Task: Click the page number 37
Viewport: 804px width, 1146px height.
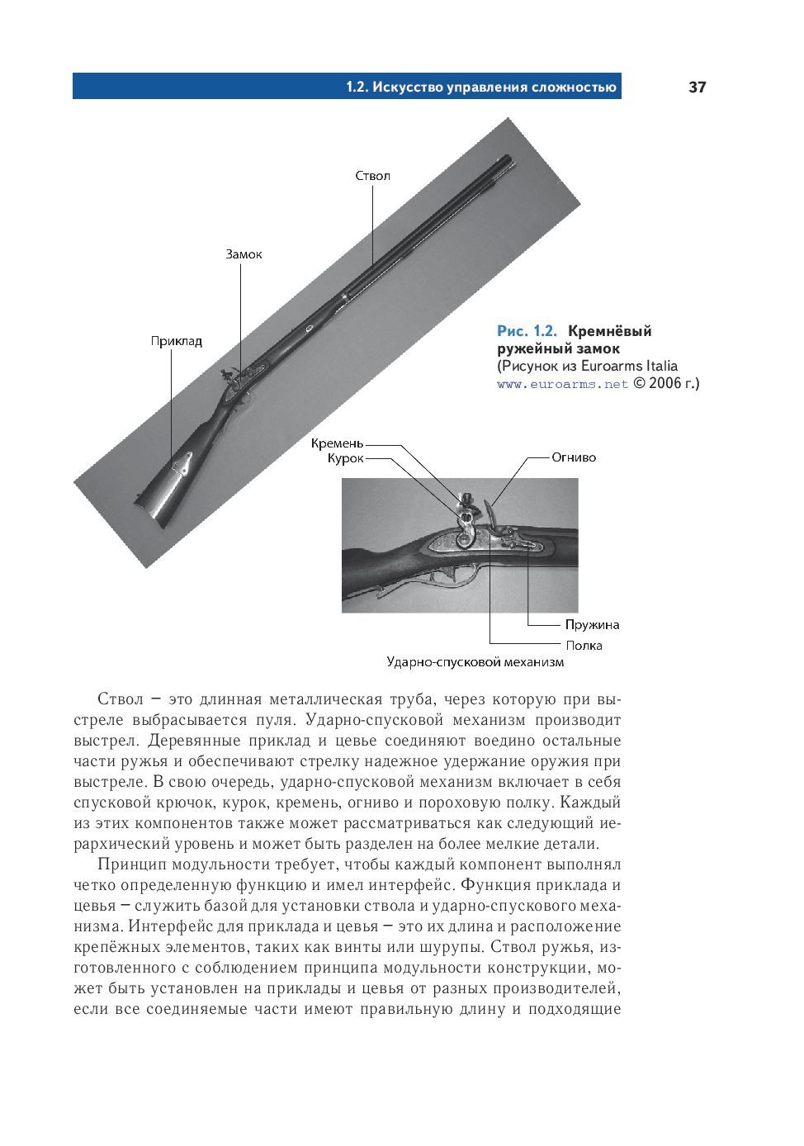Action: pos(697,88)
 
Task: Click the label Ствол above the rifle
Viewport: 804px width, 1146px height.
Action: pos(372,176)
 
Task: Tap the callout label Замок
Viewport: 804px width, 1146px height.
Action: pos(244,254)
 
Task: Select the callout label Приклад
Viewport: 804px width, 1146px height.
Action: pos(176,341)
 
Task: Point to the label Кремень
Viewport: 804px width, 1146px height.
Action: pos(337,443)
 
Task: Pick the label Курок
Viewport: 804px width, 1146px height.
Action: pos(345,458)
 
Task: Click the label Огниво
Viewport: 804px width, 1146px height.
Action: pos(573,457)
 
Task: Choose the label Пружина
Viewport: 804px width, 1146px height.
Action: pos(592,625)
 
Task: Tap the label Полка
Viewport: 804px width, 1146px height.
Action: pos(584,645)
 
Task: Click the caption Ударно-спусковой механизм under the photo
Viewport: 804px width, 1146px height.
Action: pos(475,662)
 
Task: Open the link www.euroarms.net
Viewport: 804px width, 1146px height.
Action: pos(562,384)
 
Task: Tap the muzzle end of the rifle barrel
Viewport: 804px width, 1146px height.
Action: pos(505,162)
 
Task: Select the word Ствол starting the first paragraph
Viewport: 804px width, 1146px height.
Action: pos(121,699)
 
